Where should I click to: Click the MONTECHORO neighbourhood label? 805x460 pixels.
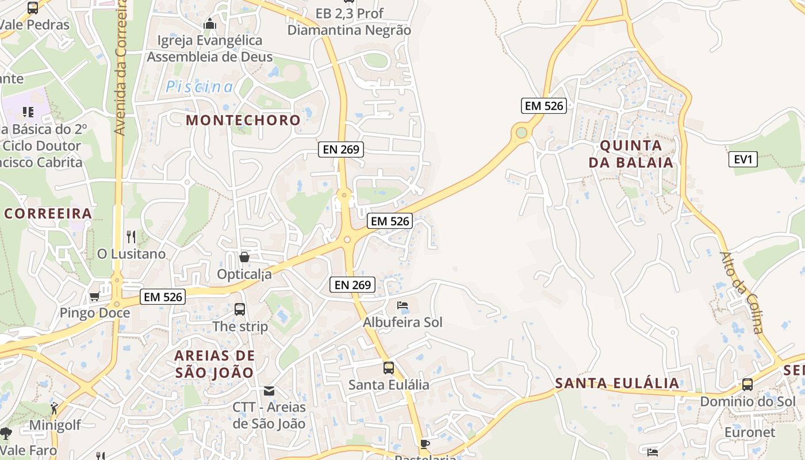[x=243, y=120]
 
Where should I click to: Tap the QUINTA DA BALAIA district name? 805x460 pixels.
[x=631, y=154]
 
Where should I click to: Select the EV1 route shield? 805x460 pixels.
[x=743, y=159]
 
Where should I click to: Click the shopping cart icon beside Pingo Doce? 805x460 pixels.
[x=94, y=297]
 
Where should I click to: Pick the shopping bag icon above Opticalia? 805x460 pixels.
[x=244, y=257]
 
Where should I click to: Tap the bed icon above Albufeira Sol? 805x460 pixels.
[x=402, y=305]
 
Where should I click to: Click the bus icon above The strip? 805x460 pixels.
[x=240, y=309]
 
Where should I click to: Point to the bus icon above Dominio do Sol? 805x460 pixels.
[x=747, y=385]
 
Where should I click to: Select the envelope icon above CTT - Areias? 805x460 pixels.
[x=269, y=391]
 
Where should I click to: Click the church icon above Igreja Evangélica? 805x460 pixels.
[x=210, y=24]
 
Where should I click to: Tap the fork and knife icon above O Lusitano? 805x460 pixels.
[x=131, y=236]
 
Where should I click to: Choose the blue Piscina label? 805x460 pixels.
[x=200, y=87]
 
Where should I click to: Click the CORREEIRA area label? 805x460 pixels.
[x=48, y=214]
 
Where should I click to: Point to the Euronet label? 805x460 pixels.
[x=750, y=432]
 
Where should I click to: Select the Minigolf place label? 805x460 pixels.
[x=55, y=425]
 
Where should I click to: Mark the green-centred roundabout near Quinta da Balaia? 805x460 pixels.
[x=522, y=133]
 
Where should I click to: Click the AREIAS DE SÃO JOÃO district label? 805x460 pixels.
[x=214, y=364]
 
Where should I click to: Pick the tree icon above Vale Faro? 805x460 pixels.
[x=6, y=433]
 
